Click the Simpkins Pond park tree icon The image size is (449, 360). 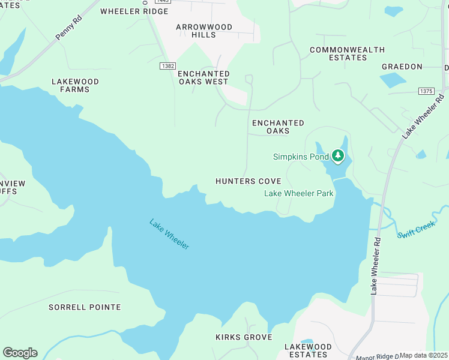click(x=338, y=156)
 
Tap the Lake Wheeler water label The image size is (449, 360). click(x=169, y=234)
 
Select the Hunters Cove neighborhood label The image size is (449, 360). click(x=249, y=181)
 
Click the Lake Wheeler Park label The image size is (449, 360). click(x=299, y=193)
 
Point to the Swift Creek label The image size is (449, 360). click(x=417, y=228)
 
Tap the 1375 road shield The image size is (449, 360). click(x=426, y=91)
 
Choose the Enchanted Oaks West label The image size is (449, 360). click(x=203, y=77)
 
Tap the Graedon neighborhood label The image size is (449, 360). click(x=400, y=67)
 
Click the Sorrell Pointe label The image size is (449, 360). click(x=85, y=307)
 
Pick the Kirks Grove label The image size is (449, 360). click(x=244, y=337)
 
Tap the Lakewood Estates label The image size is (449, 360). click(x=308, y=350)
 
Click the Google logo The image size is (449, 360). click(x=20, y=353)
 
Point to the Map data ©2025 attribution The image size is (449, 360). click(x=424, y=355)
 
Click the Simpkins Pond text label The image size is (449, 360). click(x=301, y=157)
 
